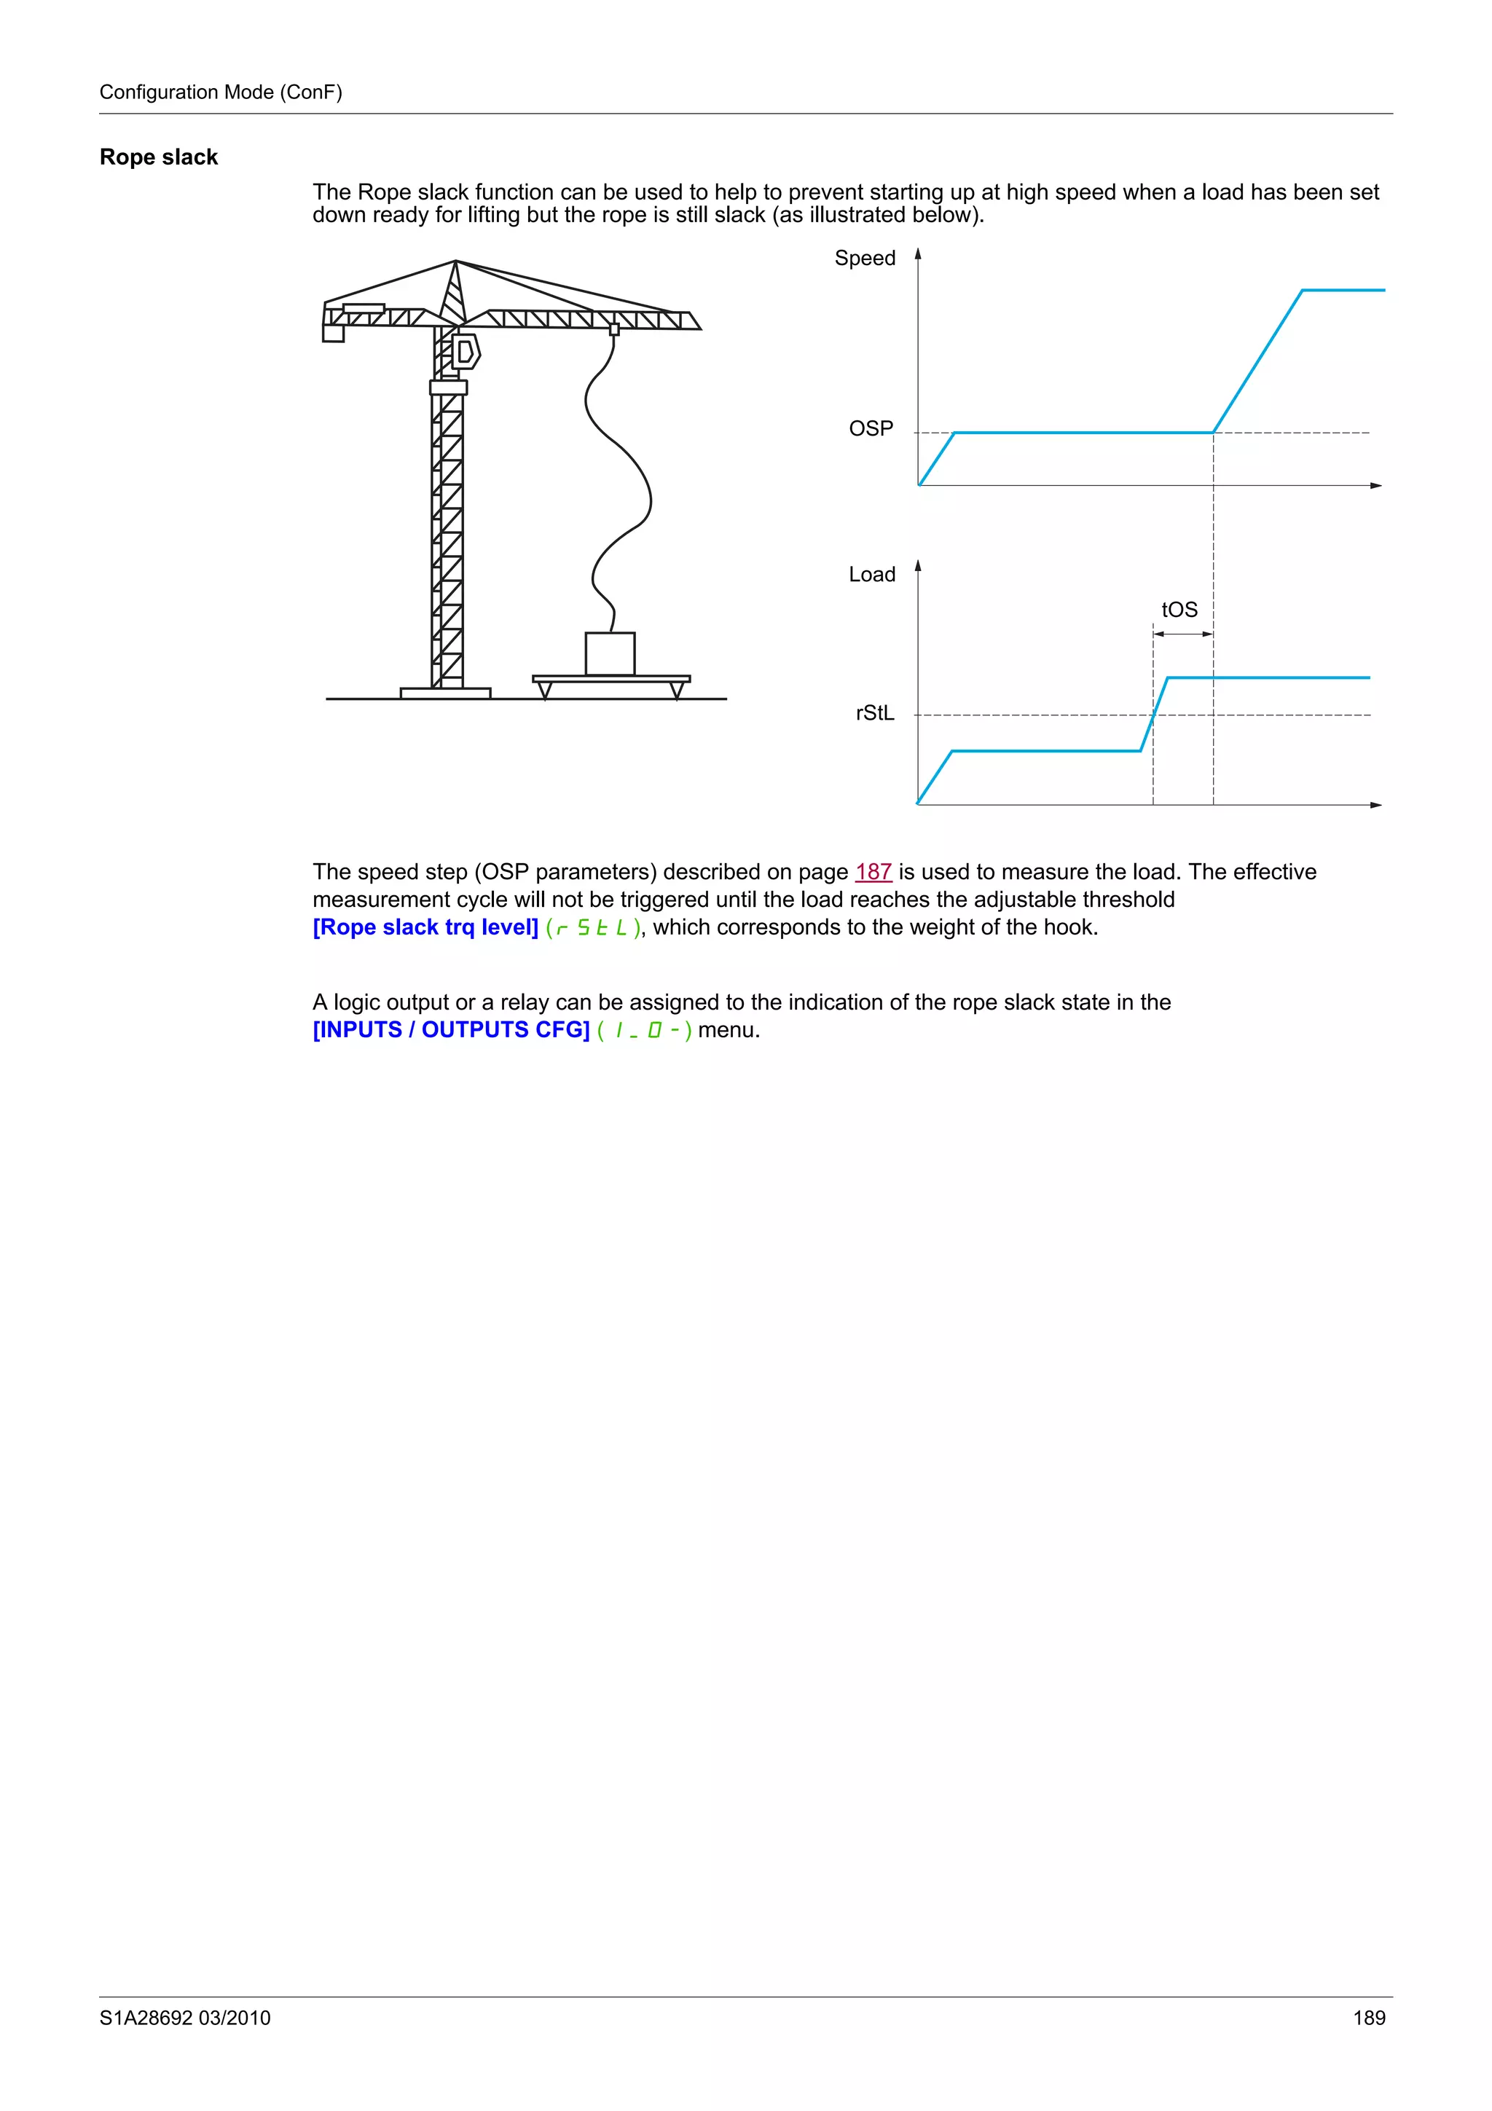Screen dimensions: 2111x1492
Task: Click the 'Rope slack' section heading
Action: pos(158,157)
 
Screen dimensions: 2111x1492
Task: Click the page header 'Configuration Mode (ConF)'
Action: pos(221,92)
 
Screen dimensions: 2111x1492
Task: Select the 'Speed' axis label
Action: pos(864,259)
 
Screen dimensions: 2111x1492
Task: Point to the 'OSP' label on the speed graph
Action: pos(871,428)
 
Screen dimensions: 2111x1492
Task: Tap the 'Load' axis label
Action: pos(871,575)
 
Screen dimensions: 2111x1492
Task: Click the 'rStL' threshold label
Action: pos(874,713)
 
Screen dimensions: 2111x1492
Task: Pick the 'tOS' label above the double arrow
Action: pos(1179,610)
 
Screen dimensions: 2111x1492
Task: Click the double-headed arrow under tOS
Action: pos(1183,634)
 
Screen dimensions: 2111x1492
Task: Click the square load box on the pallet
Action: pos(610,653)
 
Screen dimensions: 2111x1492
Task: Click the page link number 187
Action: pos(873,872)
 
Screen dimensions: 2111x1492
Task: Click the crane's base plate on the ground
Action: pos(445,692)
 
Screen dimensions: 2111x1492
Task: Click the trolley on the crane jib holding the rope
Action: pos(614,329)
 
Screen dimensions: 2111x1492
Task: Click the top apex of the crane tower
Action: pos(455,262)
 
